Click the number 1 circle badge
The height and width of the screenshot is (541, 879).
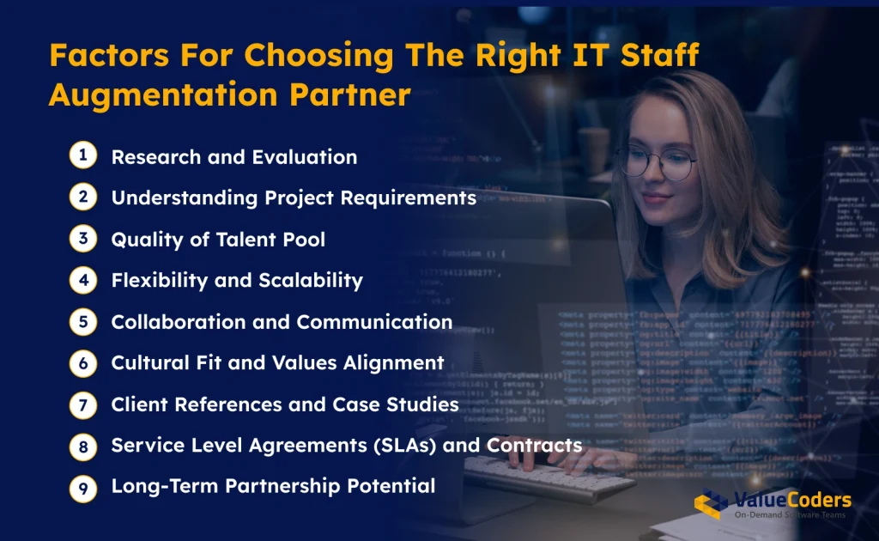coord(82,155)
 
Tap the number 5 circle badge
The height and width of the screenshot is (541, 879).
coord(82,320)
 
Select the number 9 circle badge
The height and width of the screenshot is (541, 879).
coord(82,486)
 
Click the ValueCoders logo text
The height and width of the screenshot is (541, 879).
coord(791,501)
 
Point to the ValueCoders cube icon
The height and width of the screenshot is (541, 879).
coord(711,505)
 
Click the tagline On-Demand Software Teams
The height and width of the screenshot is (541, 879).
coord(790,515)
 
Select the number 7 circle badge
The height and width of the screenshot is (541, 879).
coord(82,404)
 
